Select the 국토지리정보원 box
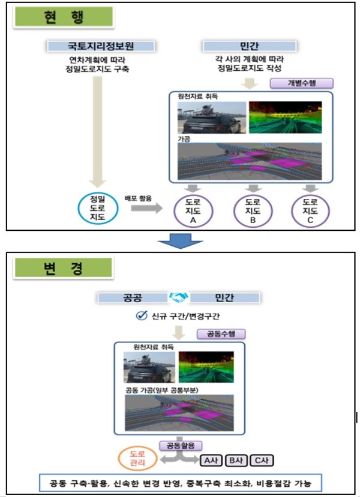click(x=101, y=46)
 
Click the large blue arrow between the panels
click(x=179, y=240)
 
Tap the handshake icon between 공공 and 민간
click(x=179, y=297)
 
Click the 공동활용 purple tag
click(x=181, y=446)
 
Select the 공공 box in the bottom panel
click(x=131, y=297)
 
